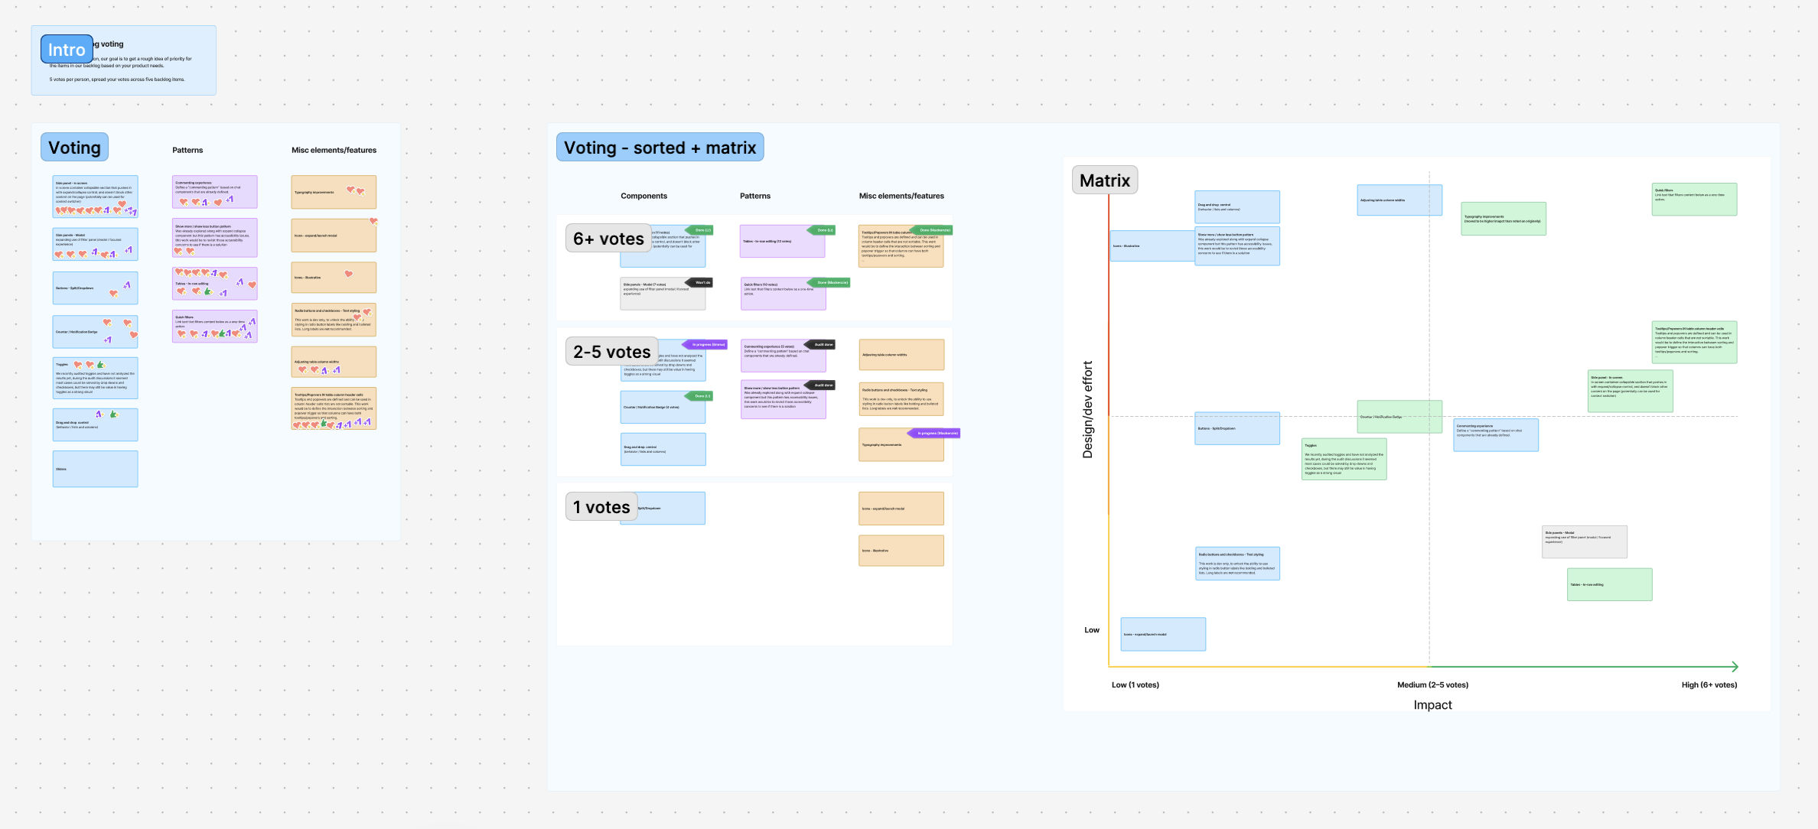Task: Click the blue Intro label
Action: (67, 50)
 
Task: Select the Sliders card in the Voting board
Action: (95, 469)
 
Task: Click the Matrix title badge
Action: (1104, 180)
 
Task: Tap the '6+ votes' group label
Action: (608, 239)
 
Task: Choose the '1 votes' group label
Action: (601, 507)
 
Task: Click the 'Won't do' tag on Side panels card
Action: (702, 282)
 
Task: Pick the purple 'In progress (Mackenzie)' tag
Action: (937, 433)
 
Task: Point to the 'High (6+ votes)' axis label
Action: (1709, 684)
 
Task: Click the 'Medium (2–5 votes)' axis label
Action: (1432, 684)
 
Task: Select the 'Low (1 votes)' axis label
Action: (1135, 684)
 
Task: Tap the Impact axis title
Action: (1432, 704)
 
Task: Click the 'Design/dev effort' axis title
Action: (1087, 410)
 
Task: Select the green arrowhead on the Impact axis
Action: (1734, 666)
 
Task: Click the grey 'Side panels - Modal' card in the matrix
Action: (1584, 541)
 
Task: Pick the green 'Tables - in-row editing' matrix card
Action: (1609, 584)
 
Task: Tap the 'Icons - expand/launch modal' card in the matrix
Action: (1162, 634)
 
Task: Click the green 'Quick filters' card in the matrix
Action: (1694, 199)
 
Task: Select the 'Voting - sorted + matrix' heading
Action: (660, 148)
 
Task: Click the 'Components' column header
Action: (643, 196)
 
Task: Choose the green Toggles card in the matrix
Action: (1344, 459)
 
